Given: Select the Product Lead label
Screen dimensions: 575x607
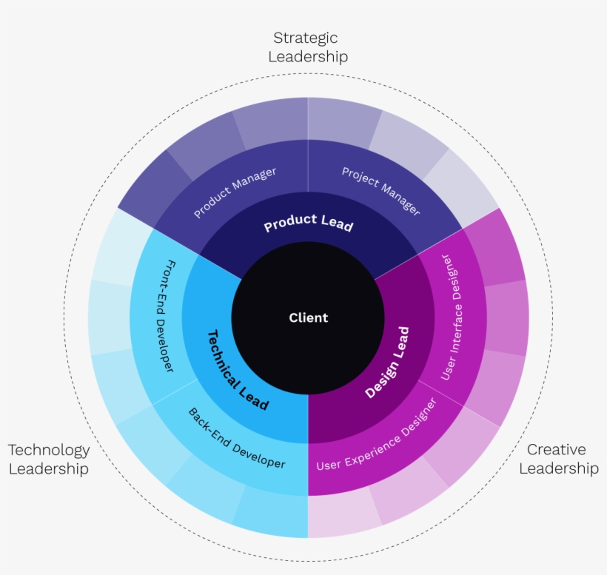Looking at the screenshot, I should pos(308,223).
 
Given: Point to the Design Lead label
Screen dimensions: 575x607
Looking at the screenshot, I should pos(387,363).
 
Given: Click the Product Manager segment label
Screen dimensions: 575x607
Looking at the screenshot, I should pos(235,192).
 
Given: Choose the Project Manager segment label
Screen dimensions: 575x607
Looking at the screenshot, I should pos(381,192).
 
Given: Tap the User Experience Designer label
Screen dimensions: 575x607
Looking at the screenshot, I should pos(377,434).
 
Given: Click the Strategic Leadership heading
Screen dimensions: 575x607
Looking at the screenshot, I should pos(308,47).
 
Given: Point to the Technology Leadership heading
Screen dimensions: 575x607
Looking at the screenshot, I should pos(49,459).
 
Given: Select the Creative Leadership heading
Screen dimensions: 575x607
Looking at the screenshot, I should pos(559,459).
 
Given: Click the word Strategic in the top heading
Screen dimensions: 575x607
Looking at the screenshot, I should pos(306,38).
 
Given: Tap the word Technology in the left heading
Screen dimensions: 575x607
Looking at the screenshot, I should pos(49,450).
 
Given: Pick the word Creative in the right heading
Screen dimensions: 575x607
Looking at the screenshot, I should pos(556,450).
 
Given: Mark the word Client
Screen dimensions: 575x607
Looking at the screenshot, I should pos(308,318).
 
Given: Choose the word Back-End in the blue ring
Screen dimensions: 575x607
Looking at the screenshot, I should pos(208,424).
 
